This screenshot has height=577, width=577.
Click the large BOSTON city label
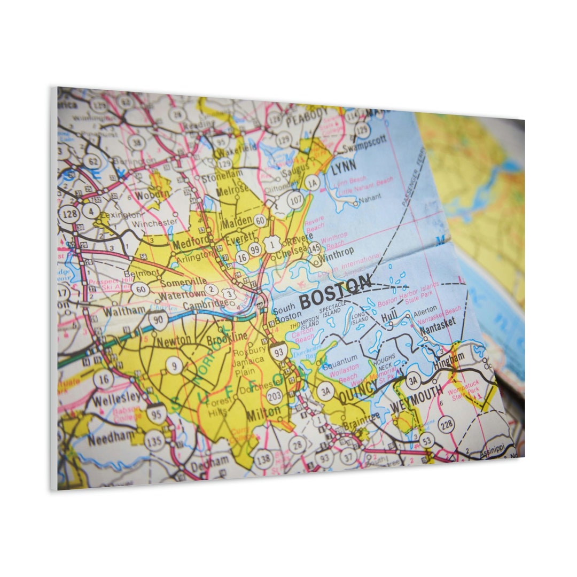335,292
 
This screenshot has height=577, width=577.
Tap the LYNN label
343,168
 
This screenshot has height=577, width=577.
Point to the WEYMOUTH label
416,398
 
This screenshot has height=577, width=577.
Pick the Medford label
190,244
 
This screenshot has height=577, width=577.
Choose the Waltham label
124,310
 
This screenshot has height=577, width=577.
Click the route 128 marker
69,215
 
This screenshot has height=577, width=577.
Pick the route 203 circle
275,396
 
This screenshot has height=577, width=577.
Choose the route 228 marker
446,425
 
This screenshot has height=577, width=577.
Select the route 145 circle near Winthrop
314,248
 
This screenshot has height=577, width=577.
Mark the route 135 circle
154,441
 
